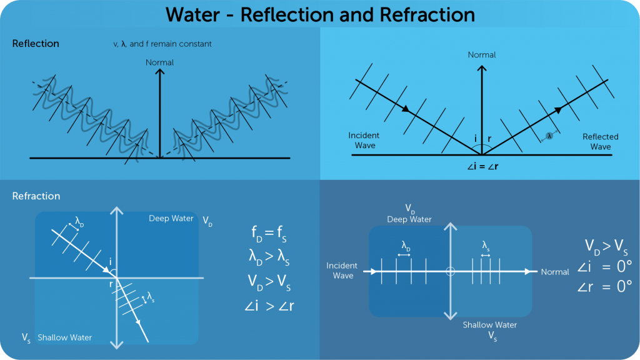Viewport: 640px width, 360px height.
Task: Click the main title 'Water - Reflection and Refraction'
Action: (x=319, y=14)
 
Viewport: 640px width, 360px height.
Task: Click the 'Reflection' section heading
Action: (x=36, y=44)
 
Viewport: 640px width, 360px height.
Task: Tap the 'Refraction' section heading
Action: (x=36, y=196)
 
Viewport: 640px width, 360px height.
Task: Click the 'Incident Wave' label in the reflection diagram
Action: (x=364, y=141)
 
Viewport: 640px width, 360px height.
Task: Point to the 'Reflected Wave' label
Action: (x=600, y=142)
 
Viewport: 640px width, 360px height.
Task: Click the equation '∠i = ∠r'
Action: (x=482, y=167)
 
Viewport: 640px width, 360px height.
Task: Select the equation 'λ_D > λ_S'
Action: (x=270, y=256)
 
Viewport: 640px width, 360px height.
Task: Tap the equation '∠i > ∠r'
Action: (x=270, y=306)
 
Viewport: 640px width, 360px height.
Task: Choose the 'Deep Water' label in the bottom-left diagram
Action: (x=171, y=218)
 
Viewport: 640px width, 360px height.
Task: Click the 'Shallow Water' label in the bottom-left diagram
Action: (x=64, y=337)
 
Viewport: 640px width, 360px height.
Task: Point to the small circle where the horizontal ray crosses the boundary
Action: (x=449, y=272)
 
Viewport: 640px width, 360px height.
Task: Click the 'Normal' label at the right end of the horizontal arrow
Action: (x=555, y=272)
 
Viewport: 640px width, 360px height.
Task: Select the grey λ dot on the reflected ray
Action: (x=550, y=136)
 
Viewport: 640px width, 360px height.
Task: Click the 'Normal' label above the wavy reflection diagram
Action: (x=160, y=62)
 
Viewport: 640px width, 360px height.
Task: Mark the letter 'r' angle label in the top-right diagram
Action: (x=489, y=139)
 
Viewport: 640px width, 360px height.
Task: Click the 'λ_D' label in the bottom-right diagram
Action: (x=406, y=245)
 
